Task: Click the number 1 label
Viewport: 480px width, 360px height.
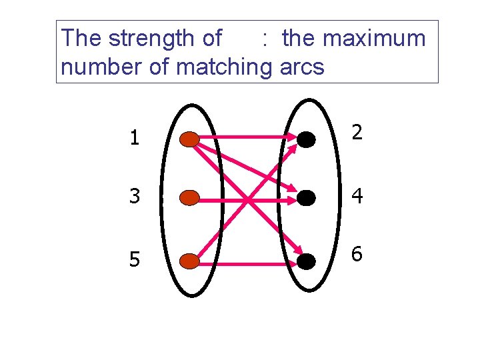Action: click(x=135, y=138)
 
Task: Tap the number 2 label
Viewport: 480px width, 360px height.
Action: click(x=357, y=133)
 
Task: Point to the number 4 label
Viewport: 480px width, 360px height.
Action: click(x=357, y=197)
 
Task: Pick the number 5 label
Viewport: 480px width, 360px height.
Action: click(x=135, y=259)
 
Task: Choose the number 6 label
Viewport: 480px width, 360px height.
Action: click(x=357, y=255)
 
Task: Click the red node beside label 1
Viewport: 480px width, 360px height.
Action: click(x=190, y=139)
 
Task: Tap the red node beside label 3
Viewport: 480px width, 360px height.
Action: click(x=190, y=198)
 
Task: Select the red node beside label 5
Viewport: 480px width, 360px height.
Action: click(x=190, y=260)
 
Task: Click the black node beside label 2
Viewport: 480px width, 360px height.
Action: click(x=306, y=139)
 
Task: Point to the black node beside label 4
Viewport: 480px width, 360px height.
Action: click(x=306, y=198)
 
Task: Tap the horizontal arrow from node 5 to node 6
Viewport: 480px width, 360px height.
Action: click(x=247, y=263)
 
